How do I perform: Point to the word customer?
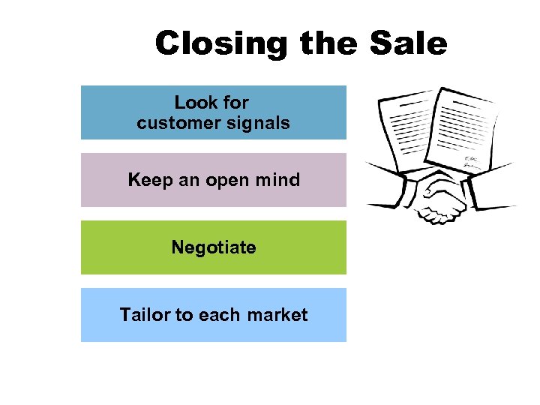click(x=172, y=123)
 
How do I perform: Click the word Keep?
click(x=149, y=180)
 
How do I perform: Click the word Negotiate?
click(x=214, y=247)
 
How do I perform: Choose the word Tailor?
click(x=145, y=315)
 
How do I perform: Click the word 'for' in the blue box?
click(x=235, y=102)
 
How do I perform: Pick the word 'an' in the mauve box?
click(x=188, y=181)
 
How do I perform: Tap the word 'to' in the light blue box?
click(x=184, y=315)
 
